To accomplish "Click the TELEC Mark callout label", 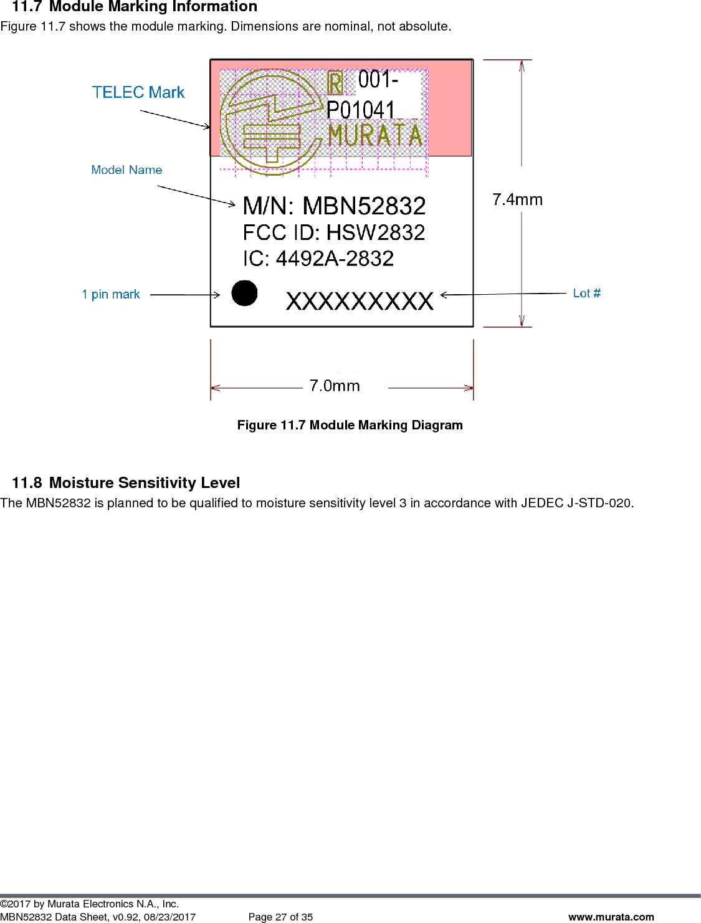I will coord(138,92).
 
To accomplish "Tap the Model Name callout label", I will coord(126,170).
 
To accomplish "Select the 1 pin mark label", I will coord(111,294).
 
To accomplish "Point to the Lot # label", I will coord(586,293).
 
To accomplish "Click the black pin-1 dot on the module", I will coord(244,293).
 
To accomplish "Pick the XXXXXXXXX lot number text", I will coord(360,302).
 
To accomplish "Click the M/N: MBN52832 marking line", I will coord(334,206).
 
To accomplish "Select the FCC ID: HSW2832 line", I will coord(334,232).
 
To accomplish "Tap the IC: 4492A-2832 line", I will coord(318,258).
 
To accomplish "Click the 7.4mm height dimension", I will coord(517,199).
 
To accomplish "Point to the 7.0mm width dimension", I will coord(335,386).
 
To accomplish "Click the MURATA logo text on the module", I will coord(375,135).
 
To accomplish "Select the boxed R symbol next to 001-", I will coord(335,83).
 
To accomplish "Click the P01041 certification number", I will coord(361,110).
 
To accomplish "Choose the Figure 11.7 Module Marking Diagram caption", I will coord(350,425).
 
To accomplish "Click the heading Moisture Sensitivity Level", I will coord(144,483).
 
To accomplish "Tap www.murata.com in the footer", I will coord(611,917).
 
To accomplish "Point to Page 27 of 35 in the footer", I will coord(280,917).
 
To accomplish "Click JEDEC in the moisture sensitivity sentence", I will coord(542,503).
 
